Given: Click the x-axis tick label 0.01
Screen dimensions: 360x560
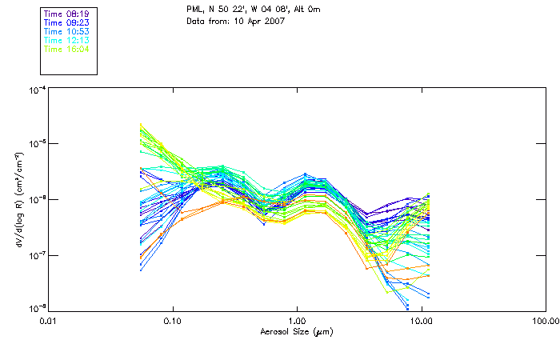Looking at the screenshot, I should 48,321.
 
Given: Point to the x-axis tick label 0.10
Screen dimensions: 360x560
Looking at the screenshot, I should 172,321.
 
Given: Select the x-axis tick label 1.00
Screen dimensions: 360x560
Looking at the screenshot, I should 297,321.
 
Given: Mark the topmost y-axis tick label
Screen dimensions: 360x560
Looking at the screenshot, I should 35,90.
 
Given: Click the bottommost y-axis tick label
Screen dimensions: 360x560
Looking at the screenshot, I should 35,308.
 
